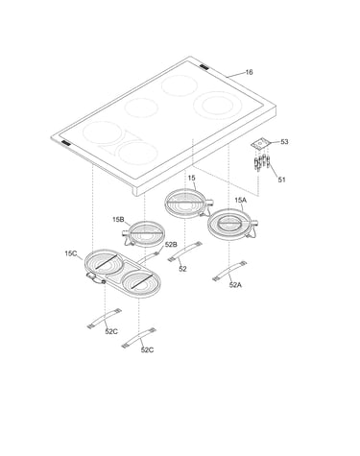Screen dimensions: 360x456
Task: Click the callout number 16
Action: [249, 72]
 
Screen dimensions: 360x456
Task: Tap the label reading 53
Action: [284, 142]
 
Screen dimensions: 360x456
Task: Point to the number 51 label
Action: [281, 180]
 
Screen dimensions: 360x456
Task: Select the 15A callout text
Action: [241, 201]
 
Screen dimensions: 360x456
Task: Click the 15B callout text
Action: [118, 220]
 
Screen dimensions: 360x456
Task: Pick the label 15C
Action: [71, 253]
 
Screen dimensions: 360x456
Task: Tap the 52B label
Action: [171, 245]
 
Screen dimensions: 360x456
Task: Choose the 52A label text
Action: [235, 285]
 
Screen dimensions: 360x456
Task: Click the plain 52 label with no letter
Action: [182, 269]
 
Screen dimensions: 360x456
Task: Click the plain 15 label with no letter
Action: [191, 178]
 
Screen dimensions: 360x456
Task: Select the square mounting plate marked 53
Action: [260, 144]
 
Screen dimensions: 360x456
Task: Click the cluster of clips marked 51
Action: [261, 162]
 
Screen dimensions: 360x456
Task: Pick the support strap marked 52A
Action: [229, 271]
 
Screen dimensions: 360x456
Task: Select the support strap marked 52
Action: [185, 252]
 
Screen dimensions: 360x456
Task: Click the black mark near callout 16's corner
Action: [204, 67]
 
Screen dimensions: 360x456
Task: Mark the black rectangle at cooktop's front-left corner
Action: [65, 143]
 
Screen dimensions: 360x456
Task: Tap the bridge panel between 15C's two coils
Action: [122, 272]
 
